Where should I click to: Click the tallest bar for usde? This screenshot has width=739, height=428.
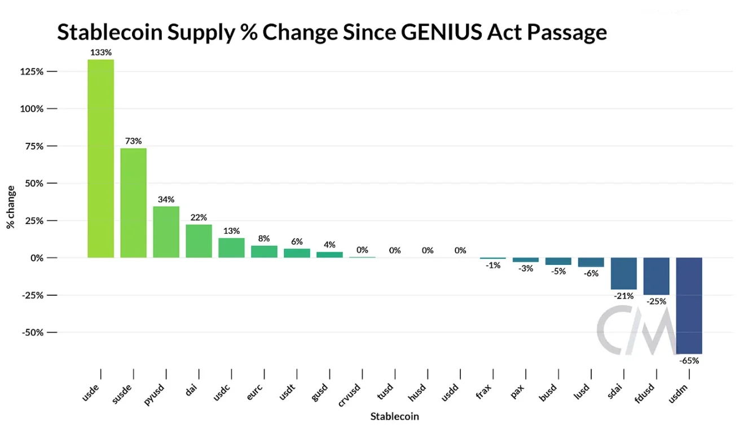(100, 158)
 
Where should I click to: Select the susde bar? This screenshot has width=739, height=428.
(133, 203)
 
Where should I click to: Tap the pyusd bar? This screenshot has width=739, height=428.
(166, 232)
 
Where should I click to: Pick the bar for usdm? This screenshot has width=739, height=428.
(689, 305)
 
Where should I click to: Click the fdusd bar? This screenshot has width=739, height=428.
(656, 276)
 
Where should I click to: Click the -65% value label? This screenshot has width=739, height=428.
(689, 360)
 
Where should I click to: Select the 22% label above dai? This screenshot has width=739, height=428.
(199, 217)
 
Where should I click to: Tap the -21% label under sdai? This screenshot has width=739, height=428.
(624, 295)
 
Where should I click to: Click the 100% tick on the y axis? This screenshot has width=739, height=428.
(32, 109)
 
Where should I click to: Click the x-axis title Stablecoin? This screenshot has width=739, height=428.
(394, 417)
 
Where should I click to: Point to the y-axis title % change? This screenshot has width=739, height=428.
(10, 206)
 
